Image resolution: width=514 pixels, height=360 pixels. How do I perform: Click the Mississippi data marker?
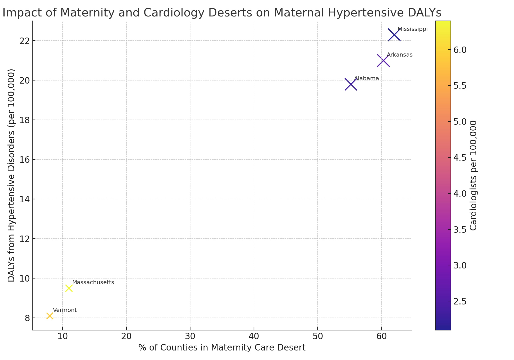[x=394, y=35]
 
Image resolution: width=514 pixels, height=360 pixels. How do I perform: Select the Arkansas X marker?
[x=383, y=61]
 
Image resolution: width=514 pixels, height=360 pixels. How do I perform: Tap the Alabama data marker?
[x=351, y=84]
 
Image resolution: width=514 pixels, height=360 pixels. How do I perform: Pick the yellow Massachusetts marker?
[x=69, y=288]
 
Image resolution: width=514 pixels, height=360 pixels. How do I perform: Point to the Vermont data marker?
[x=50, y=316]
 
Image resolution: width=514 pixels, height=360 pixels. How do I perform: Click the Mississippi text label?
[x=412, y=29]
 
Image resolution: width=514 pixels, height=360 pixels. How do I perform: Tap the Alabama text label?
[x=366, y=79]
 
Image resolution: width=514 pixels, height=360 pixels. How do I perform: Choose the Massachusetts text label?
[x=93, y=282]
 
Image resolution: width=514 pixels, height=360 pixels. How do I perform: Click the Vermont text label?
[x=65, y=310]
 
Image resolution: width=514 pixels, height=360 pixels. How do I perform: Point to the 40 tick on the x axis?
[x=254, y=336]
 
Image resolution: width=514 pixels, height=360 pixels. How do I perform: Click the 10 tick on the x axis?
[x=62, y=336]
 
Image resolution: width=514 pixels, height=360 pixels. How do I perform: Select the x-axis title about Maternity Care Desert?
[x=222, y=348]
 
